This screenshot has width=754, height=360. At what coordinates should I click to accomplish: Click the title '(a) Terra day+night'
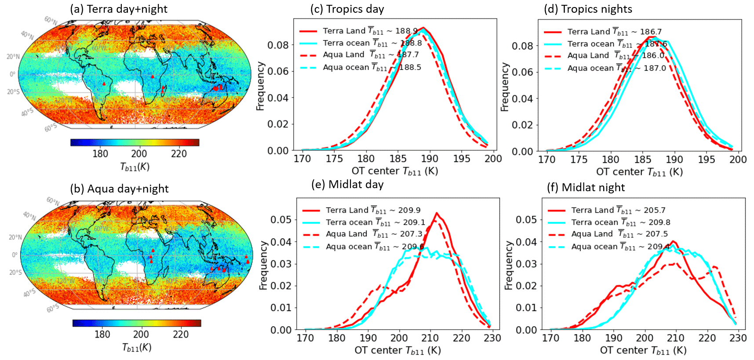[x=119, y=9]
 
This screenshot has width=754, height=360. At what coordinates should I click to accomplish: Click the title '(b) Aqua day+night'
[x=119, y=189]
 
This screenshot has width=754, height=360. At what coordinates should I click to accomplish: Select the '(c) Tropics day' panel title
[x=347, y=9]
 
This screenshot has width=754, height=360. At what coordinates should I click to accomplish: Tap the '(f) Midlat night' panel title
[x=586, y=187]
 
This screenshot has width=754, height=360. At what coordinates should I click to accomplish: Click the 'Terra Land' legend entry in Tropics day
[x=344, y=31]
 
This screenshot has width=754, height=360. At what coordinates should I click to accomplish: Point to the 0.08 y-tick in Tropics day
[x=278, y=45]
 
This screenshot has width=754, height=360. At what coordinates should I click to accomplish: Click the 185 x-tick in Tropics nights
[x=642, y=160]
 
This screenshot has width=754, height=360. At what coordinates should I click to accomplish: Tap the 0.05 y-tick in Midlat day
[x=281, y=220]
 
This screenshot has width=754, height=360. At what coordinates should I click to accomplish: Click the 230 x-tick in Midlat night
[x=738, y=338]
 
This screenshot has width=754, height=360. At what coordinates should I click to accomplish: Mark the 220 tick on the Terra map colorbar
[x=179, y=154]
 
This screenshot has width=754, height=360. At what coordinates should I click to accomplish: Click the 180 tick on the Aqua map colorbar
[x=102, y=335]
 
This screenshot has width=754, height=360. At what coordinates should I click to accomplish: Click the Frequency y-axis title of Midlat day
[x=263, y=265]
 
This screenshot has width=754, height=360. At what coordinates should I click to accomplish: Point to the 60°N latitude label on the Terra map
[x=51, y=20]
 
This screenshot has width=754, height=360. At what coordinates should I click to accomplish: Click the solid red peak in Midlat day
[x=437, y=213]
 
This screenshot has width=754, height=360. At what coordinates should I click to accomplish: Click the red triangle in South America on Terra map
[x=104, y=84]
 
